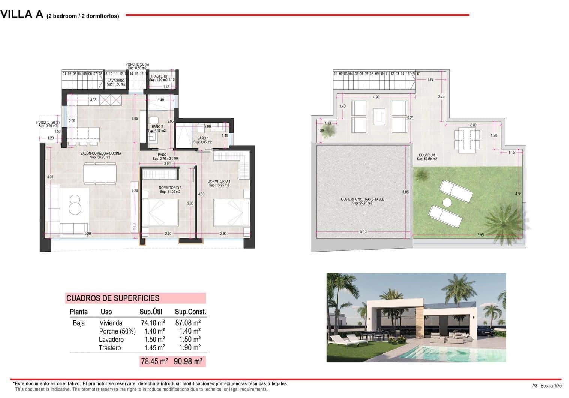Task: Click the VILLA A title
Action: point(22,15)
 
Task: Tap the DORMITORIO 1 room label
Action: point(219,181)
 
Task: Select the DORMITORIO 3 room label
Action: point(170,188)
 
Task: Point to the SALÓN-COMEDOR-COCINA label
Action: point(100,154)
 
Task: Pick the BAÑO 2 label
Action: point(157,127)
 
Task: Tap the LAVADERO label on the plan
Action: point(116,81)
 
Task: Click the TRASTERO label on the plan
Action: point(159,76)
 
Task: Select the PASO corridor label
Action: point(162,155)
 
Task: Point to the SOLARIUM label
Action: point(427,155)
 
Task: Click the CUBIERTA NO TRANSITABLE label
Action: point(362,200)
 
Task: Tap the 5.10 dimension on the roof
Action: point(363,232)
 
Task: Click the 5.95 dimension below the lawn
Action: point(481,235)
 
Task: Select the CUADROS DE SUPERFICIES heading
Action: point(113,298)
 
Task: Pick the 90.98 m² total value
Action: point(188,361)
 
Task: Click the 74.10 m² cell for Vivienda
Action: point(153,323)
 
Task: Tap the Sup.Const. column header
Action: point(190,312)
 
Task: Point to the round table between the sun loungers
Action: point(447,203)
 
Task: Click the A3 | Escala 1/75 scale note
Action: point(547,386)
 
